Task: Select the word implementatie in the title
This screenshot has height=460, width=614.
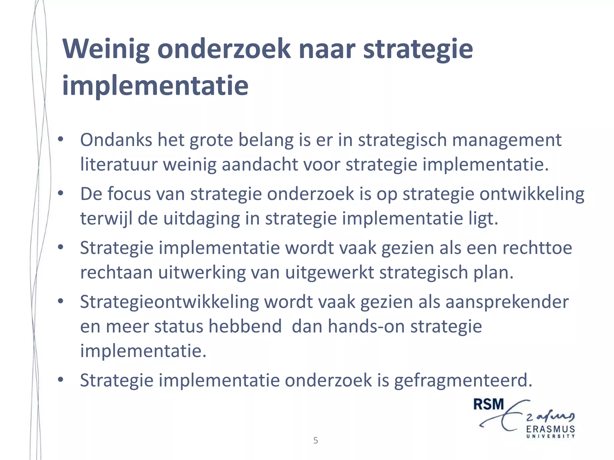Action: [x=155, y=86]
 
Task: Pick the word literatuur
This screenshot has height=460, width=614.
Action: [x=119, y=165]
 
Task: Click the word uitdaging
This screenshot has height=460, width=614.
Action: [x=202, y=219]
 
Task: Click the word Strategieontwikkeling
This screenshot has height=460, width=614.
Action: [x=169, y=302]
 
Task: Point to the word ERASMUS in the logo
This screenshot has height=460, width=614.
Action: [x=550, y=429]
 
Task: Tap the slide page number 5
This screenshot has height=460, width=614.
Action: [x=315, y=441]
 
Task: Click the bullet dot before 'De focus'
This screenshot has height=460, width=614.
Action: [x=61, y=193]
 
